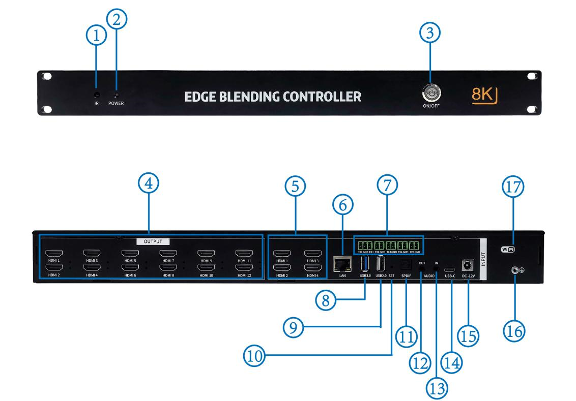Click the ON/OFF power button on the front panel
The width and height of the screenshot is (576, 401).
[x=430, y=93]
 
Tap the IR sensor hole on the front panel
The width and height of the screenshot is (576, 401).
[x=96, y=94]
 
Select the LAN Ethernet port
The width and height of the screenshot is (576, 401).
[x=341, y=265]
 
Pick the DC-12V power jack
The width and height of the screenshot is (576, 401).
[x=464, y=265]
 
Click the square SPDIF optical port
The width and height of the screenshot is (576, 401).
[x=406, y=264]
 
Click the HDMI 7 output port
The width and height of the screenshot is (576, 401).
[x=167, y=254]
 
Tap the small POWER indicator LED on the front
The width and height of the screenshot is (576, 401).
[x=116, y=95]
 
